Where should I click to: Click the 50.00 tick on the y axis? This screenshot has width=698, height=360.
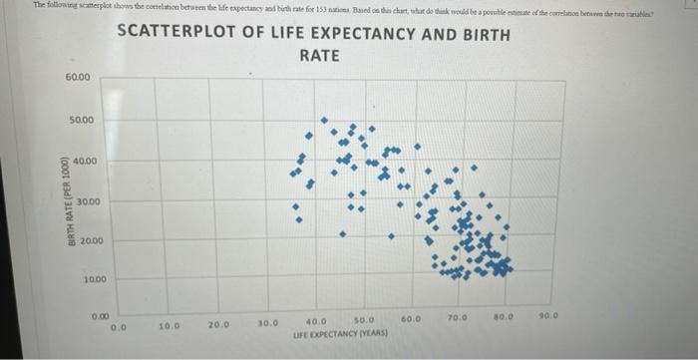pos(81,120)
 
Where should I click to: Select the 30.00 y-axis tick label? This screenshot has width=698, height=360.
pos(88,202)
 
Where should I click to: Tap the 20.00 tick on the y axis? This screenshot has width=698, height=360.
pos(91,241)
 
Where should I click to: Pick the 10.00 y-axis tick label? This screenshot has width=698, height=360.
pos(94,280)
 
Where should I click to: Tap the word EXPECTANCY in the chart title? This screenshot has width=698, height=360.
pos(375,34)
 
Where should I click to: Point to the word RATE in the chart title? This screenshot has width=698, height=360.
pos(319,56)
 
